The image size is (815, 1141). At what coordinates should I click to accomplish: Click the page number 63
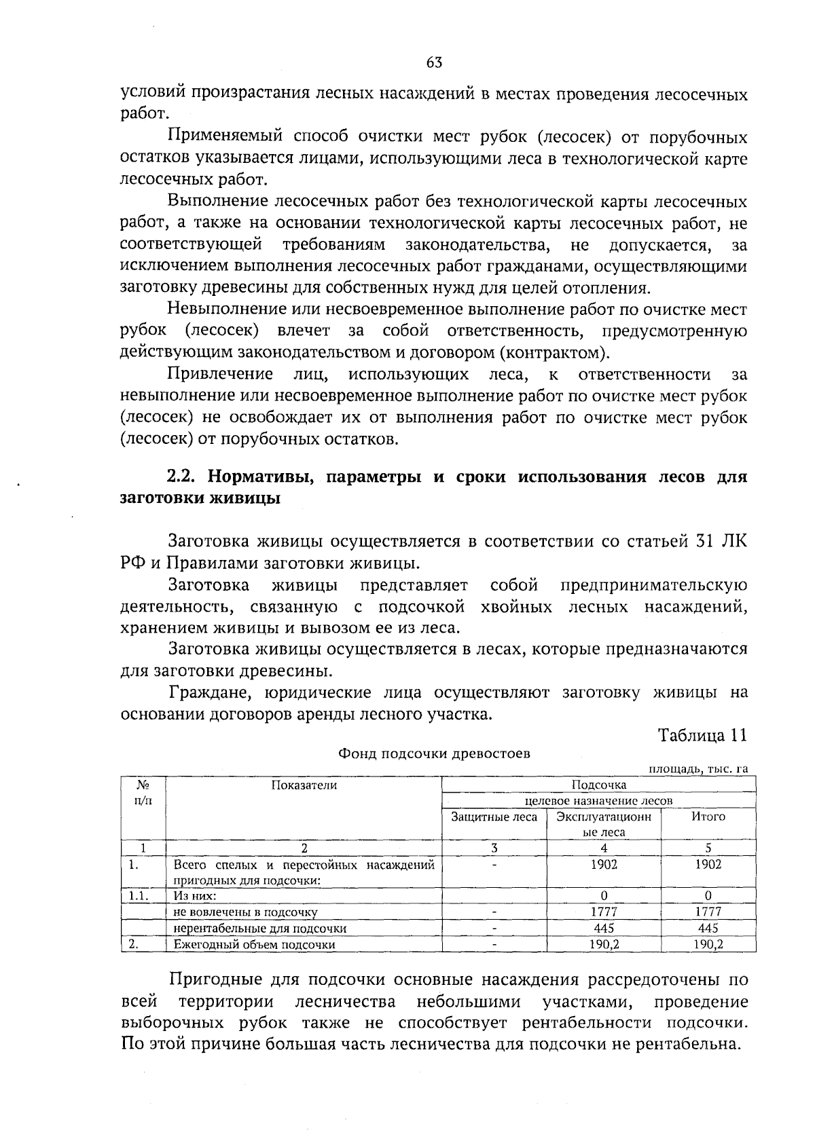(435, 63)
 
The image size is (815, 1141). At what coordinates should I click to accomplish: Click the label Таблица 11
(703, 735)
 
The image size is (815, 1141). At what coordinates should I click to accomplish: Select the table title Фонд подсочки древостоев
(435, 753)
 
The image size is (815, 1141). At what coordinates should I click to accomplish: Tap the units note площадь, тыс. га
(699, 768)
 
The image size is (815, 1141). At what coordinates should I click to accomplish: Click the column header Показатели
(304, 785)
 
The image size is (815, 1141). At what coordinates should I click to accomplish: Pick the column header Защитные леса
(494, 817)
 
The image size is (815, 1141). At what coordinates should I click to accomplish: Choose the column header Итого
(708, 817)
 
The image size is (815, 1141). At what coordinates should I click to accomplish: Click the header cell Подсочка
(598, 785)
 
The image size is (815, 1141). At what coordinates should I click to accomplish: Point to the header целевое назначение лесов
(598, 801)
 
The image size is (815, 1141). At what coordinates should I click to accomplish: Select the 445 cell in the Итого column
(708, 928)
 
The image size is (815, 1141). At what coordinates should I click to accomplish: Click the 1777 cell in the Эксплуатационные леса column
(604, 912)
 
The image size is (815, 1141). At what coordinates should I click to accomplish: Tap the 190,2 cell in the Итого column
(708, 943)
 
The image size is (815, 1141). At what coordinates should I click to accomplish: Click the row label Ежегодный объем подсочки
(255, 944)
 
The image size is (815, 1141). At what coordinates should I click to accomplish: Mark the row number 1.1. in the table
(139, 896)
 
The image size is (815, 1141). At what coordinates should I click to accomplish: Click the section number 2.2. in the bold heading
(183, 477)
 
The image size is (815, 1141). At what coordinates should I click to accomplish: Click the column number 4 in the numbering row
(604, 848)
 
